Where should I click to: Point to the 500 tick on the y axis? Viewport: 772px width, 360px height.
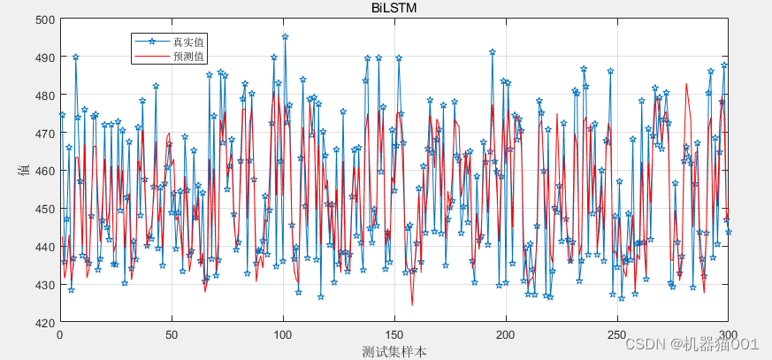click(44, 19)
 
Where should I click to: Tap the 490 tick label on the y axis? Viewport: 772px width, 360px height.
click(44, 57)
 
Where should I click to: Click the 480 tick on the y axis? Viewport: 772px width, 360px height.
click(44, 96)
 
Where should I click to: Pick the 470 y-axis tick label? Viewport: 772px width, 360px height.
click(44, 134)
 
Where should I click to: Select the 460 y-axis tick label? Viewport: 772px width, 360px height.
click(44, 171)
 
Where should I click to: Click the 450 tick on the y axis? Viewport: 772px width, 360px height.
click(44, 209)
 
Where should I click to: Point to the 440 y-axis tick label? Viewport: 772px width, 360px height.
click(44, 247)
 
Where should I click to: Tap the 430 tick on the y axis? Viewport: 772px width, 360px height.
click(44, 285)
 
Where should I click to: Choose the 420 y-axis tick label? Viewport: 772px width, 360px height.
click(44, 323)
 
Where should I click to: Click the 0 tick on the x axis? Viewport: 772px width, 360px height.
click(60, 335)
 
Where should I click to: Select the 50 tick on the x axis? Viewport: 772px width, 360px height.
click(172, 335)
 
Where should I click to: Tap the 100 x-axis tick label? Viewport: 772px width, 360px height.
click(283, 335)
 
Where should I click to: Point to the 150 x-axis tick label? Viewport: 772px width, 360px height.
click(394, 335)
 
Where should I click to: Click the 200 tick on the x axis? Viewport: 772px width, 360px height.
click(506, 335)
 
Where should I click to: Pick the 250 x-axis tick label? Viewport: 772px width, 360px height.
click(617, 335)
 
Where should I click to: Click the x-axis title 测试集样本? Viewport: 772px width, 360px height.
click(394, 351)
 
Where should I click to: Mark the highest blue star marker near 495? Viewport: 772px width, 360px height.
click(285, 37)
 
